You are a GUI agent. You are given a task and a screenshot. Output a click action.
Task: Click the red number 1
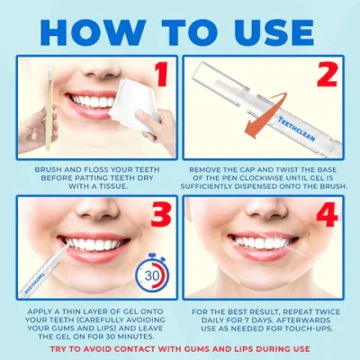pos(162,75)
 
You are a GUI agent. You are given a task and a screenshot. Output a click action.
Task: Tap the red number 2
pos(328,75)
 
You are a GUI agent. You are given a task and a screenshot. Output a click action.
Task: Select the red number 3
pos(161,214)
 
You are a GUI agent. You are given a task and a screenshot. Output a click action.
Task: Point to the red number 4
pos(328,214)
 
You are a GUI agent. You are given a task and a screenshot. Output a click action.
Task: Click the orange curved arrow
pos(261,115)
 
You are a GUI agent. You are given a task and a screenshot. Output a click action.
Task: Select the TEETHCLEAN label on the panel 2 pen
pos(296,129)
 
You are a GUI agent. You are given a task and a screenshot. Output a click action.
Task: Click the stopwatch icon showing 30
pos(152,274)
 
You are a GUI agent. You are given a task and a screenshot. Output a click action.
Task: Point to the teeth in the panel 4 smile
pos(261,242)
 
